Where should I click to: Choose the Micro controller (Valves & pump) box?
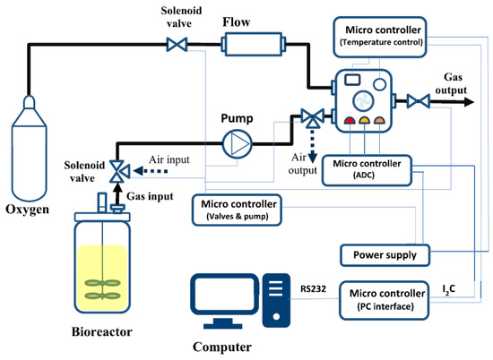(x=245, y=210)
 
